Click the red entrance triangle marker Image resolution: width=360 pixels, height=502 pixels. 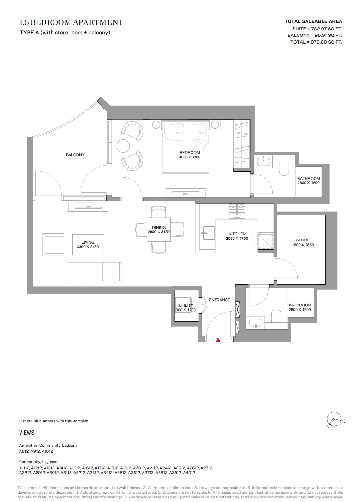[x=218, y=340]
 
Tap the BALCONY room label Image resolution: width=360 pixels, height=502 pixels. [x=75, y=155]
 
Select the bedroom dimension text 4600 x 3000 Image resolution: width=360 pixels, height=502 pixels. [x=189, y=157]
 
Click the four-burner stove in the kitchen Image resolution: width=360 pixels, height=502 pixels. [x=237, y=211]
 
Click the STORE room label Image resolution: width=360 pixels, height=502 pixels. [x=303, y=240]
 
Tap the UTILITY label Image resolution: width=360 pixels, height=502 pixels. [x=186, y=305]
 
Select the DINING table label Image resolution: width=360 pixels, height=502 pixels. [x=159, y=227]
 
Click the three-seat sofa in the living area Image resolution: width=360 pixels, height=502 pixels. [x=94, y=272]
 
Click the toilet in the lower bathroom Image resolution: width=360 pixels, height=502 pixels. [x=276, y=316]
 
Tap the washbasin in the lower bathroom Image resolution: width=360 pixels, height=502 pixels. [x=255, y=323]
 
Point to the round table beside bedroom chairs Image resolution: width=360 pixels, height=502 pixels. [x=123, y=146]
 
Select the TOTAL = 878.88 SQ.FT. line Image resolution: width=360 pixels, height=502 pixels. [x=316, y=42]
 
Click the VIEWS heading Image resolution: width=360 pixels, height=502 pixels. [x=27, y=433]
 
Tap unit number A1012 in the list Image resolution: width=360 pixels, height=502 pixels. [x=47, y=451]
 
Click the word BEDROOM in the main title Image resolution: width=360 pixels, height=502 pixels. [x=51, y=22]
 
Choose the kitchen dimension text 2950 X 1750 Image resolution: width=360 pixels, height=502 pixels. [x=237, y=239]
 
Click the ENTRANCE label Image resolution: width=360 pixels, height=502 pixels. [x=219, y=300]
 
